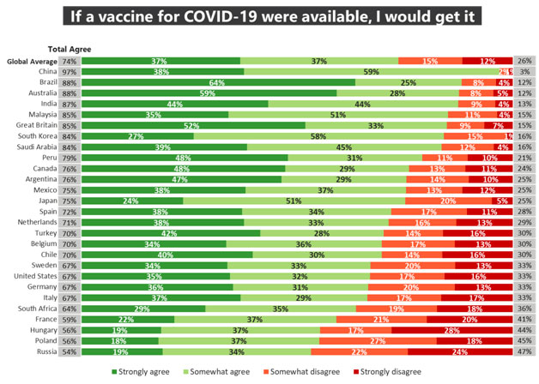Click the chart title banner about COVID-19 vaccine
[x=269, y=16]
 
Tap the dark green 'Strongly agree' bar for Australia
[x=209, y=93]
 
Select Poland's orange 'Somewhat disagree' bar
[x=377, y=339]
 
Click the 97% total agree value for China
[x=70, y=72]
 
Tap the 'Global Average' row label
[x=32, y=62]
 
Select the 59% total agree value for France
[x=70, y=319]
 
